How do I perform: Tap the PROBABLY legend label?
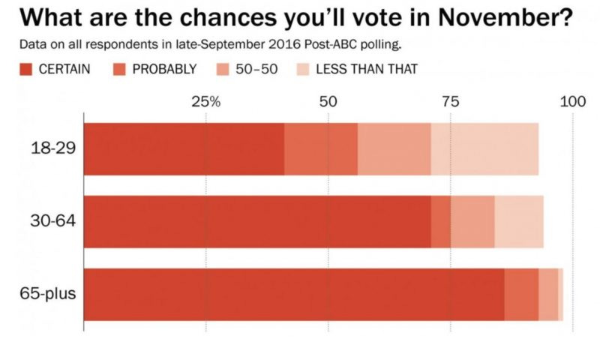(163, 69)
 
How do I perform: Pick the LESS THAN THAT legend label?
(366, 69)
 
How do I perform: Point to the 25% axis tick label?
(205, 102)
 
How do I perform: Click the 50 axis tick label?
(328, 102)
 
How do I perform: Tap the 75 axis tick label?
(450, 102)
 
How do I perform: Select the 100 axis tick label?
(572, 102)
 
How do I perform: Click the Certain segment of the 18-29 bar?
(184, 149)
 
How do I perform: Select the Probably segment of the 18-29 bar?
(321, 149)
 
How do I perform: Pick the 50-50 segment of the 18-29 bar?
(394, 149)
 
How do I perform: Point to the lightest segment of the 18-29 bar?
(484, 149)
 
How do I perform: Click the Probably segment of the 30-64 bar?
(441, 222)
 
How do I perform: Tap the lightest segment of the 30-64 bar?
(519, 222)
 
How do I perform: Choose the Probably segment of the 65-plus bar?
(521, 294)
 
